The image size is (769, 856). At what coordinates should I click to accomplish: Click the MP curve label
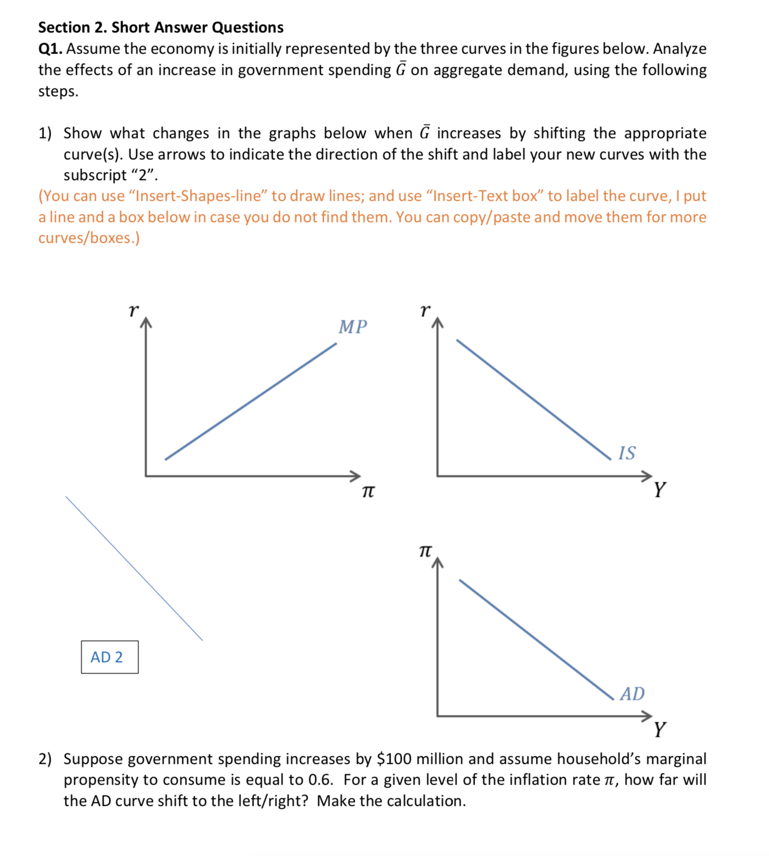pyautogui.click(x=353, y=327)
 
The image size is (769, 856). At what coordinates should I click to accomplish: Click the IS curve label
pyautogui.click(x=627, y=453)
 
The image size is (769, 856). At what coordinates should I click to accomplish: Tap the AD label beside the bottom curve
pyautogui.click(x=632, y=694)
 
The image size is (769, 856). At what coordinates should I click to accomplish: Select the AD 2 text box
pyautogui.click(x=109, y=657)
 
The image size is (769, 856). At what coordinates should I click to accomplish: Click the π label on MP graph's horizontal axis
pyautogui.click(x=368, y=491)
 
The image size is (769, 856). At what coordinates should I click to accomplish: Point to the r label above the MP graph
pyautogui.click(x=133, y=310)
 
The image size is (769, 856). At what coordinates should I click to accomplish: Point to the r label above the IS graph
pyautogui.click(x=425, y=310)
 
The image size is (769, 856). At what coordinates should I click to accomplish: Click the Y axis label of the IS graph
pyautogui.click(x=660, y=489)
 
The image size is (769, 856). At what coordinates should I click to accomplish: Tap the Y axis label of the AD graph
pyautogui.click(x=660, y=729)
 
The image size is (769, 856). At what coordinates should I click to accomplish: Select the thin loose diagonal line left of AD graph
pyautogui.click(x=134, y=568)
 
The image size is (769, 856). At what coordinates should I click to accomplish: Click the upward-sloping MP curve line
pyautogui.click(x=251, y=401)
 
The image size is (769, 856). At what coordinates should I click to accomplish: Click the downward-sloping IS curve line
pyautogui.click(x=534, y=400)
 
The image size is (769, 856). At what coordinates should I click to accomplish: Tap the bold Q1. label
pyautogui.click(x=50, y=49)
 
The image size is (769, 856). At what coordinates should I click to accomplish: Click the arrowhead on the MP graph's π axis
pyautogui.click(x=356, y=476)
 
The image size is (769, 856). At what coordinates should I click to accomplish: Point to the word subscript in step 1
pyautogui.click(x=95, y=175)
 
